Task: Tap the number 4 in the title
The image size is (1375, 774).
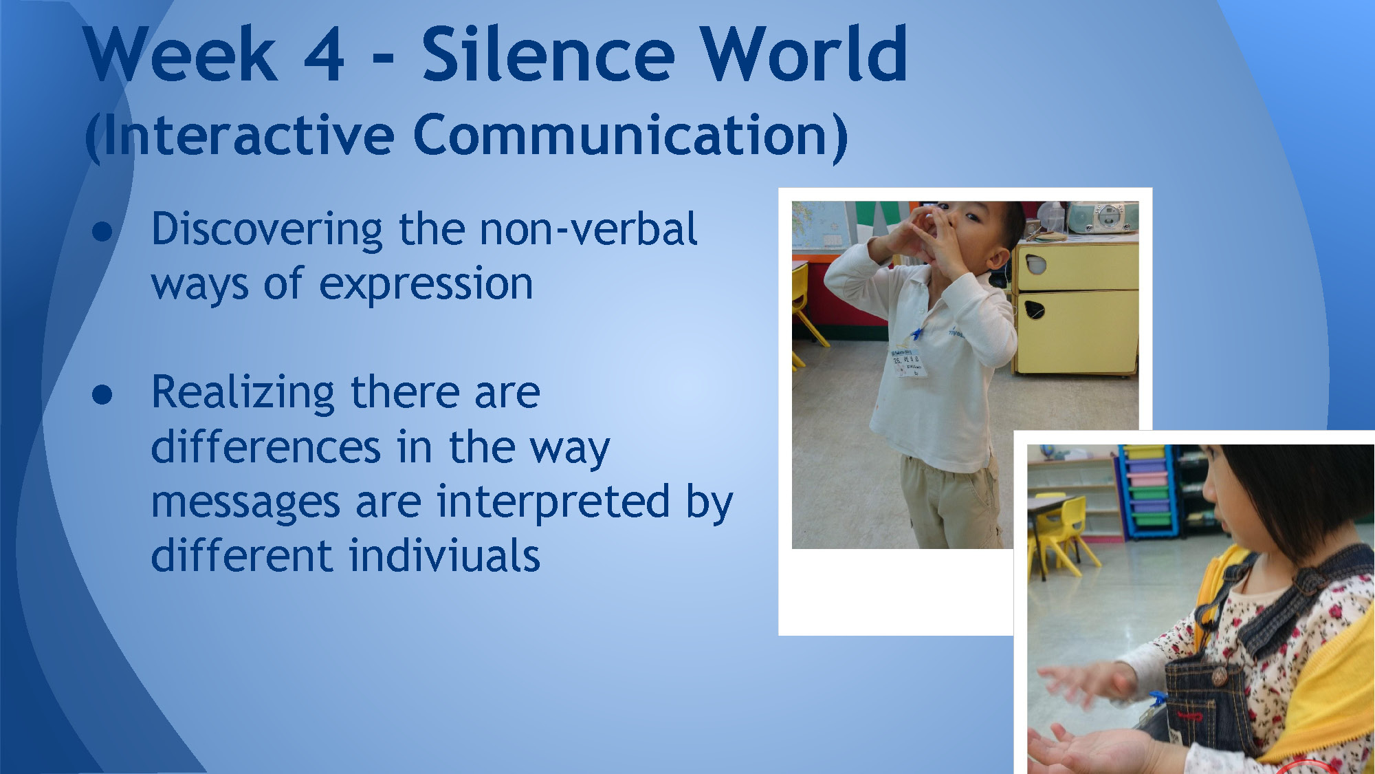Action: point(323,54)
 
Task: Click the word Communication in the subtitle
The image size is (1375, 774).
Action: point(630,136)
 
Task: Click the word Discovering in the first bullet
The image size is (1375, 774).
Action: point(267,230)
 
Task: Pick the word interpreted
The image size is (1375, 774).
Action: point(553,502)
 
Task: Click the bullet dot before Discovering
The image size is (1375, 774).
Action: point(102,232)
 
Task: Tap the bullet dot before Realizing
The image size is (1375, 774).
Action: point(102,394)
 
